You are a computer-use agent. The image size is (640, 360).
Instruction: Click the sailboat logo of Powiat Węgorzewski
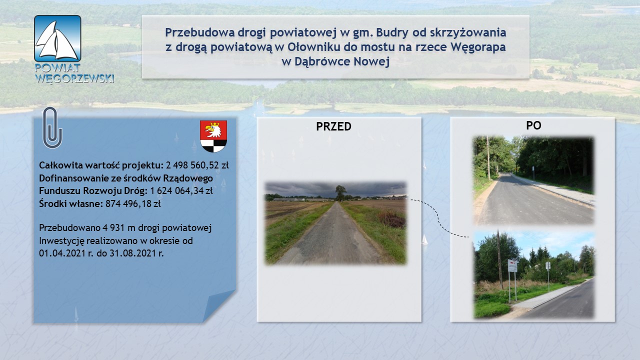(57, 38)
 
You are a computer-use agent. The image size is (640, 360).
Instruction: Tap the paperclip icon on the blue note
(52, 127)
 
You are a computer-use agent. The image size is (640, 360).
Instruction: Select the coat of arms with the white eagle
(213, 136)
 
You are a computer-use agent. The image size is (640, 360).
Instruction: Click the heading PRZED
(333, 126)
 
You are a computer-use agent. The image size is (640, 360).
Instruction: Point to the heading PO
(533, 125)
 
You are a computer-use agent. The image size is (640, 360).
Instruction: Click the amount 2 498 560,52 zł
(197, 165)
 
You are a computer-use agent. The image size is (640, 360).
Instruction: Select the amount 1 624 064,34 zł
(181, 190)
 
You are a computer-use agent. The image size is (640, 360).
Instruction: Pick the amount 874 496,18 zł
(133, 203)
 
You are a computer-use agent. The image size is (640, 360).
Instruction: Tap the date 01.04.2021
(62, 253)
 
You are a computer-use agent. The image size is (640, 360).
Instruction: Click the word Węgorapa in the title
(478, 47)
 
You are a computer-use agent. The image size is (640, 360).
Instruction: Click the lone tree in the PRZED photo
(340, 192)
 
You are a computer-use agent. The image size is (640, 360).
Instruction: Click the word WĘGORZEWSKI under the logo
(75, 78)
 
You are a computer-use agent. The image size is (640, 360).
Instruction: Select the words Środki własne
(71, 203)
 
